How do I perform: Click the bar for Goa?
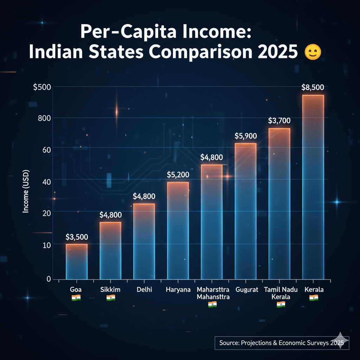(x=76, y=262)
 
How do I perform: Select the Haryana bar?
(x=178, y=230)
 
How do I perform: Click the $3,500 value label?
(x=77, y=237)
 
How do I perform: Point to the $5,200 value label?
(x=178, y=174)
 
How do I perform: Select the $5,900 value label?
(x=246, y=136)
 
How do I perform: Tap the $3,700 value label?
(x=279, y=121)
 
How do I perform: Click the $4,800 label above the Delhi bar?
(x=144, y=196)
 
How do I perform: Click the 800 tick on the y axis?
(x=45, y=118)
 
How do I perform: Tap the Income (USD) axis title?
(x=26, y=191)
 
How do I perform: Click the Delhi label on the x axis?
(x=144, y=290)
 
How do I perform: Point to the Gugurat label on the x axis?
(x=245, y=290)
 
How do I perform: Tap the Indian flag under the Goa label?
(x=76, y=298)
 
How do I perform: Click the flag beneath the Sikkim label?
(x=110, y=298)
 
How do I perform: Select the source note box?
(x=282, y=343)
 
